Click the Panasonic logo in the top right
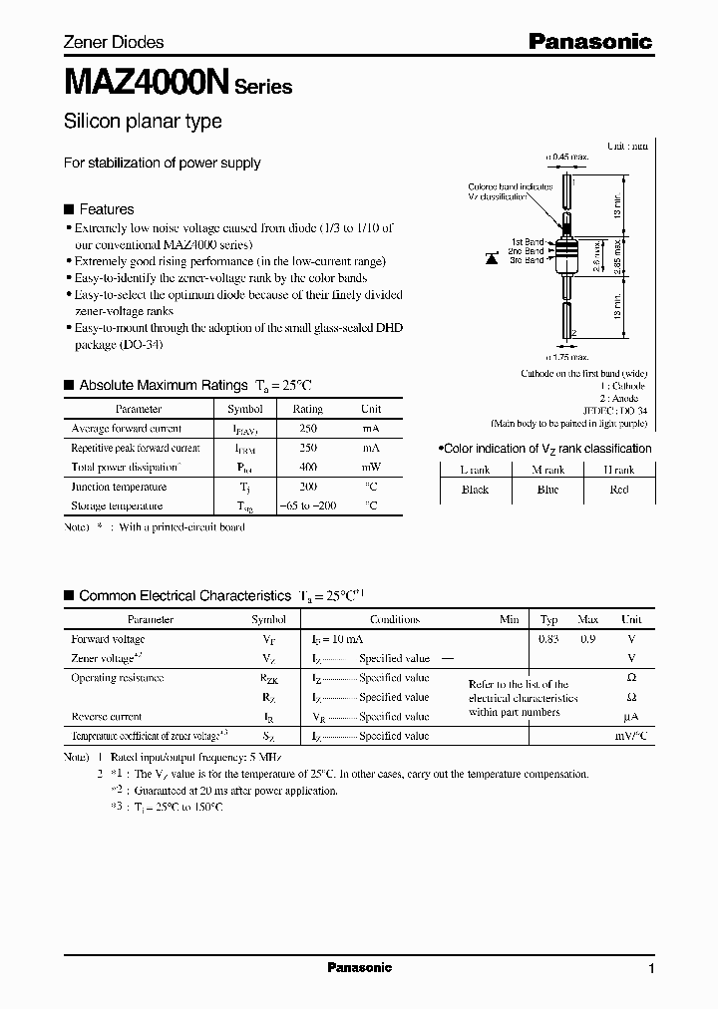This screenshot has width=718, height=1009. (x=589, y=41)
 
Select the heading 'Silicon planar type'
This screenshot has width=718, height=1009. (x=143, y=122)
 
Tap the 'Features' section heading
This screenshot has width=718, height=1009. (x=106, y=209)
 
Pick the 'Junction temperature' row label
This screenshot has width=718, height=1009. (x=118, y=487)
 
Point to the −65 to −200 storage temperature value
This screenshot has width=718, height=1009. (x=307, y=505)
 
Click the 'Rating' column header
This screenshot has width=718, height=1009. (x=307, y=409)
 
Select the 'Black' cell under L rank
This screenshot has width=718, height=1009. (x=475, y=490)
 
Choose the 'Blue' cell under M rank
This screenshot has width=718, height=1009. (x=547, y=490)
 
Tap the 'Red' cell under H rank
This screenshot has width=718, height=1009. (x=618, y=490)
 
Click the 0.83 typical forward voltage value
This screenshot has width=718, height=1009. (x=548, y=639)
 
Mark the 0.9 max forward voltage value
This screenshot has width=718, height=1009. (x=587, y=639)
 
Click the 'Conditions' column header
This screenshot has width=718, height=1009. (x=394, y=619)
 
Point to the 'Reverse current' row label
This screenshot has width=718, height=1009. (x=106, y=716)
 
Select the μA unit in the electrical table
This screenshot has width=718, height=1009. (x=629, y=717)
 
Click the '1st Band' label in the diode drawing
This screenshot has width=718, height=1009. (x=528, y=242)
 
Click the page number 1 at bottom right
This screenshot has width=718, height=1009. (x=651, y=968)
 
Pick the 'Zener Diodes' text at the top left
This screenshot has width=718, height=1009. (x=113, y=42)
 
